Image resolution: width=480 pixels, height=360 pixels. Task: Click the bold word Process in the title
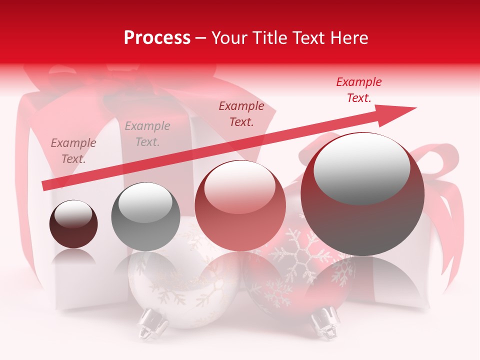(x=157, y=38)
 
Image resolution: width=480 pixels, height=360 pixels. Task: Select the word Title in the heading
(x=270, y=38)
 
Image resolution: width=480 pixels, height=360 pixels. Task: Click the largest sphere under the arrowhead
(x=362, y=200)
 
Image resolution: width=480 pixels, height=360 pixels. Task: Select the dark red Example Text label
(x=241, y=114)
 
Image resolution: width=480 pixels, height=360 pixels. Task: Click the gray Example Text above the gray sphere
(x=147, y=134)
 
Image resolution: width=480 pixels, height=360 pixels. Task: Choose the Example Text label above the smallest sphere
(x=73, y=151)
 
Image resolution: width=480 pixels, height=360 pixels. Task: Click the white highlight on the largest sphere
(x=361, y=167)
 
